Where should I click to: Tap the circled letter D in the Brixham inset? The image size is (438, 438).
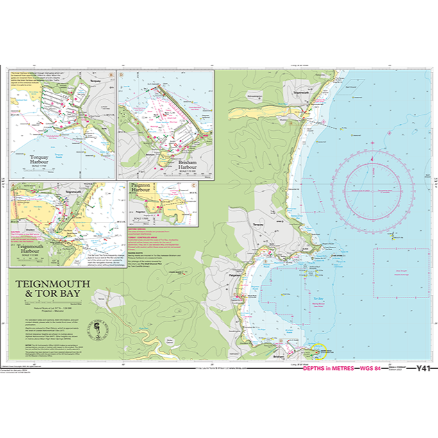click(120, 74)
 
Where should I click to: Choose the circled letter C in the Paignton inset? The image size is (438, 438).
click(194, 185)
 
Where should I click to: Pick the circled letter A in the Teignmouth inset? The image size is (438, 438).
click(13, 185)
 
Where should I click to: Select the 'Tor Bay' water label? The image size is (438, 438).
click(316, 299)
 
